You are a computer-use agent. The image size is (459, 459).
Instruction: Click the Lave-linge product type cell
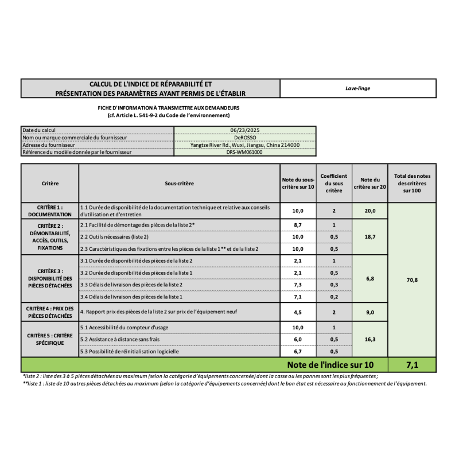tap(357, 88)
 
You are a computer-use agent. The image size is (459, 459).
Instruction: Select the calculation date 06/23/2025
tap(245, 130)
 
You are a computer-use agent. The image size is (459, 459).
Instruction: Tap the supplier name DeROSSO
tap(245, 138)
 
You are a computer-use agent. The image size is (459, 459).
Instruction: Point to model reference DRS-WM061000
tap(245, 152)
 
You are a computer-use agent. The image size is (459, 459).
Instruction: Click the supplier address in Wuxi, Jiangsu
tap(245, 145)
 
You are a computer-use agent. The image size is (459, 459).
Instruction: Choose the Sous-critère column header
tap(179, 183)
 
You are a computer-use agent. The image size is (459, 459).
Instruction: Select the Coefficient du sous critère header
tap(333, 183)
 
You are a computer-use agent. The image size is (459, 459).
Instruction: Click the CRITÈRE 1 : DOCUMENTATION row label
tap(50, 211)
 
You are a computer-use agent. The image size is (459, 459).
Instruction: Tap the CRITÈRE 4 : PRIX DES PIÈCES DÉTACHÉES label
tap(50, 312)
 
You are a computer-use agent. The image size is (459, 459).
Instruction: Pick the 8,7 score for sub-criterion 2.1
tap(298, 225)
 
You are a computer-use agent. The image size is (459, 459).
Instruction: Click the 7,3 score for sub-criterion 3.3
tap(298, 285)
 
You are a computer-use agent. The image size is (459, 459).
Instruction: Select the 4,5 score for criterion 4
tap(298, 312)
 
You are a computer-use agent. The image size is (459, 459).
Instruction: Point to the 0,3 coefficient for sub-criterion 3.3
tap(333, 285)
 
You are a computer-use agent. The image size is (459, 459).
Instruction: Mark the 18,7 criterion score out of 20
tap(370, 236)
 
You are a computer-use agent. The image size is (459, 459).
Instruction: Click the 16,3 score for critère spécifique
tap(370, 340)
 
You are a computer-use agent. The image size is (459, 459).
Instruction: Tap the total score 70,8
tap(412, 280)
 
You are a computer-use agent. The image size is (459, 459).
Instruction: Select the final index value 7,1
tap(412, 365)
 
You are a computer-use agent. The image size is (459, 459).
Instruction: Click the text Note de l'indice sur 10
tap(330, 365)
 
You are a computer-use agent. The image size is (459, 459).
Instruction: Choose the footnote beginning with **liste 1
tap(224, 384)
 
